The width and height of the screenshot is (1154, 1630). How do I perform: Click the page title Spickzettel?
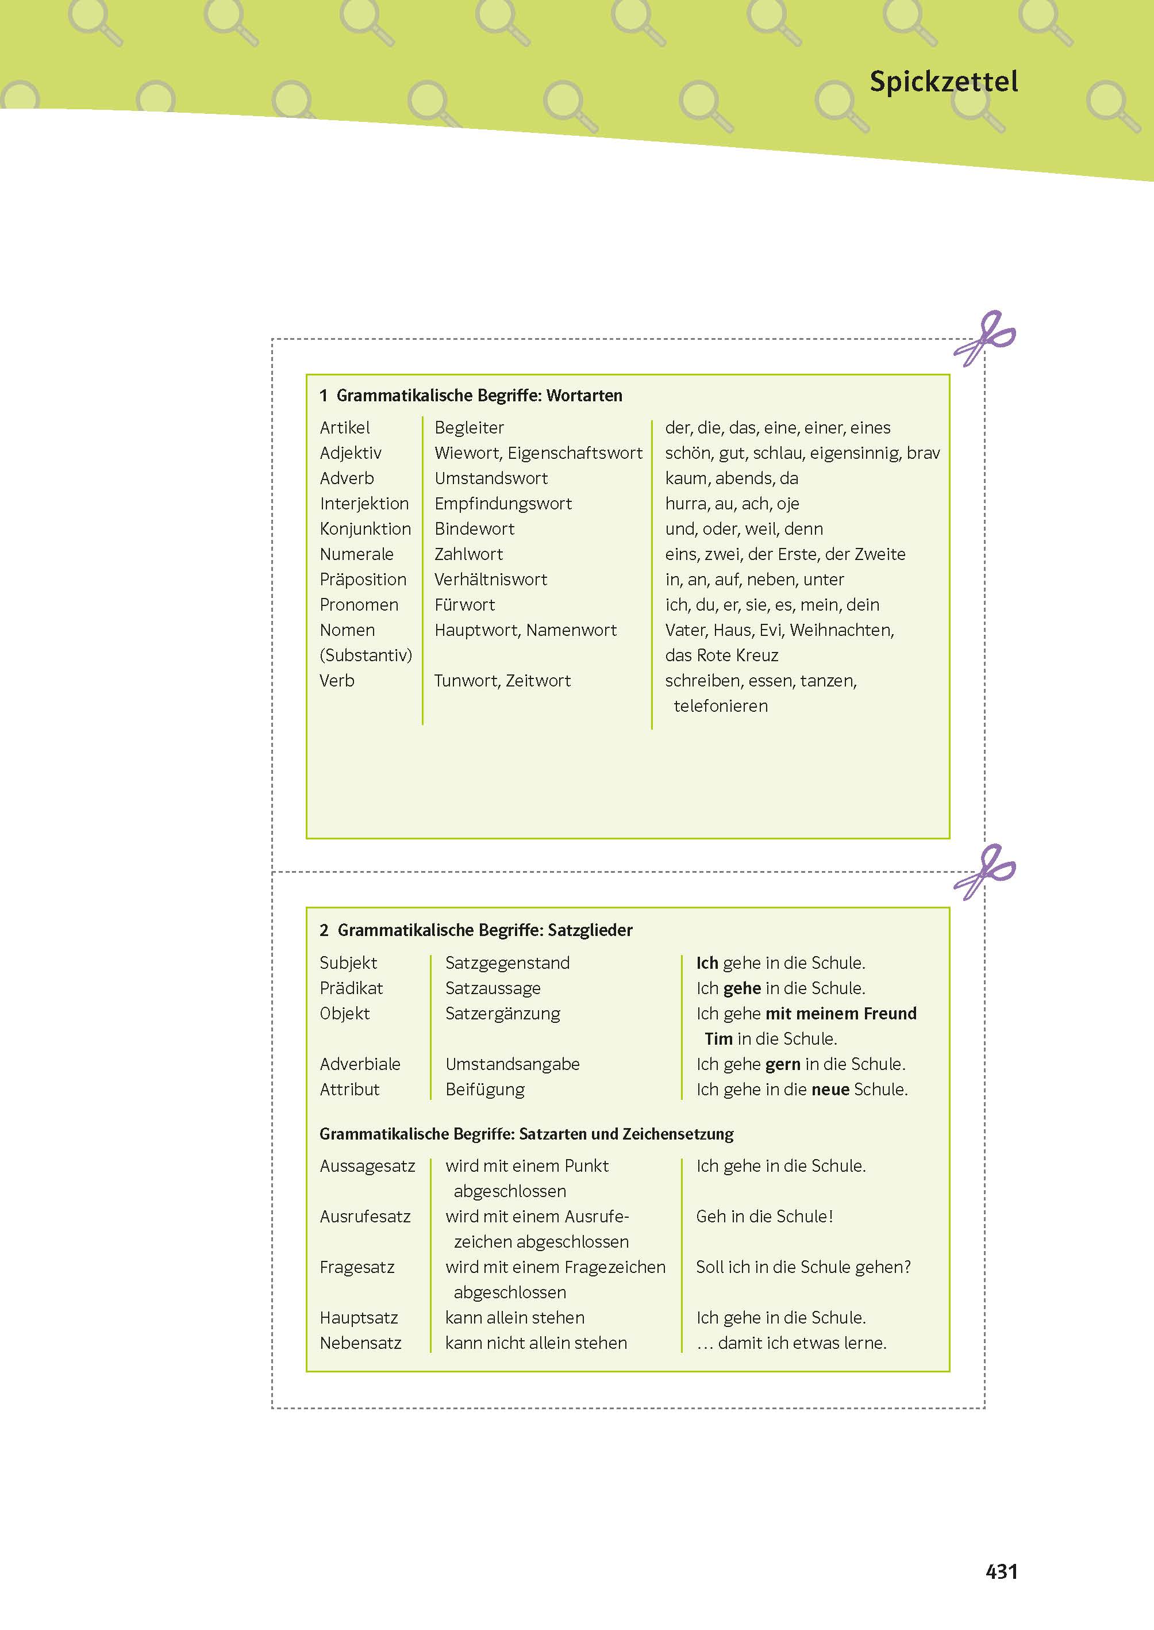(x=943, y=82)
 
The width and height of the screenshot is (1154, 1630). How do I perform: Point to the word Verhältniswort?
(x=490, y=580)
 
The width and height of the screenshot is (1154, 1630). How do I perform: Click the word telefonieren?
(x=721, y=706)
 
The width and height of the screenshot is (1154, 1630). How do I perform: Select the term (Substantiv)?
(x=366, y=655)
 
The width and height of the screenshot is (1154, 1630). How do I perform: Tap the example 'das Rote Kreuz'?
(x=721, y=655)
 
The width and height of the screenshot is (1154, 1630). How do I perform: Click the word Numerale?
(x=356, y=554)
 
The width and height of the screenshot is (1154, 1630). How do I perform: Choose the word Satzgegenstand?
(x=507, y=963)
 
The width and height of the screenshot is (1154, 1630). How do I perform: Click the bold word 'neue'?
(x=830, y=1090)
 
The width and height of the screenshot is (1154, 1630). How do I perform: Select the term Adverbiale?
(x=360, y=1064)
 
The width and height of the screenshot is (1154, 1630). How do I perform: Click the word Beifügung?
(x=484, y=1090)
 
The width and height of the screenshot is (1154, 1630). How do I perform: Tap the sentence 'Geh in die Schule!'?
(x=764, y=1216)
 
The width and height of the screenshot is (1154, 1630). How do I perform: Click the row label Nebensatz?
(x=360, y=1343)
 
